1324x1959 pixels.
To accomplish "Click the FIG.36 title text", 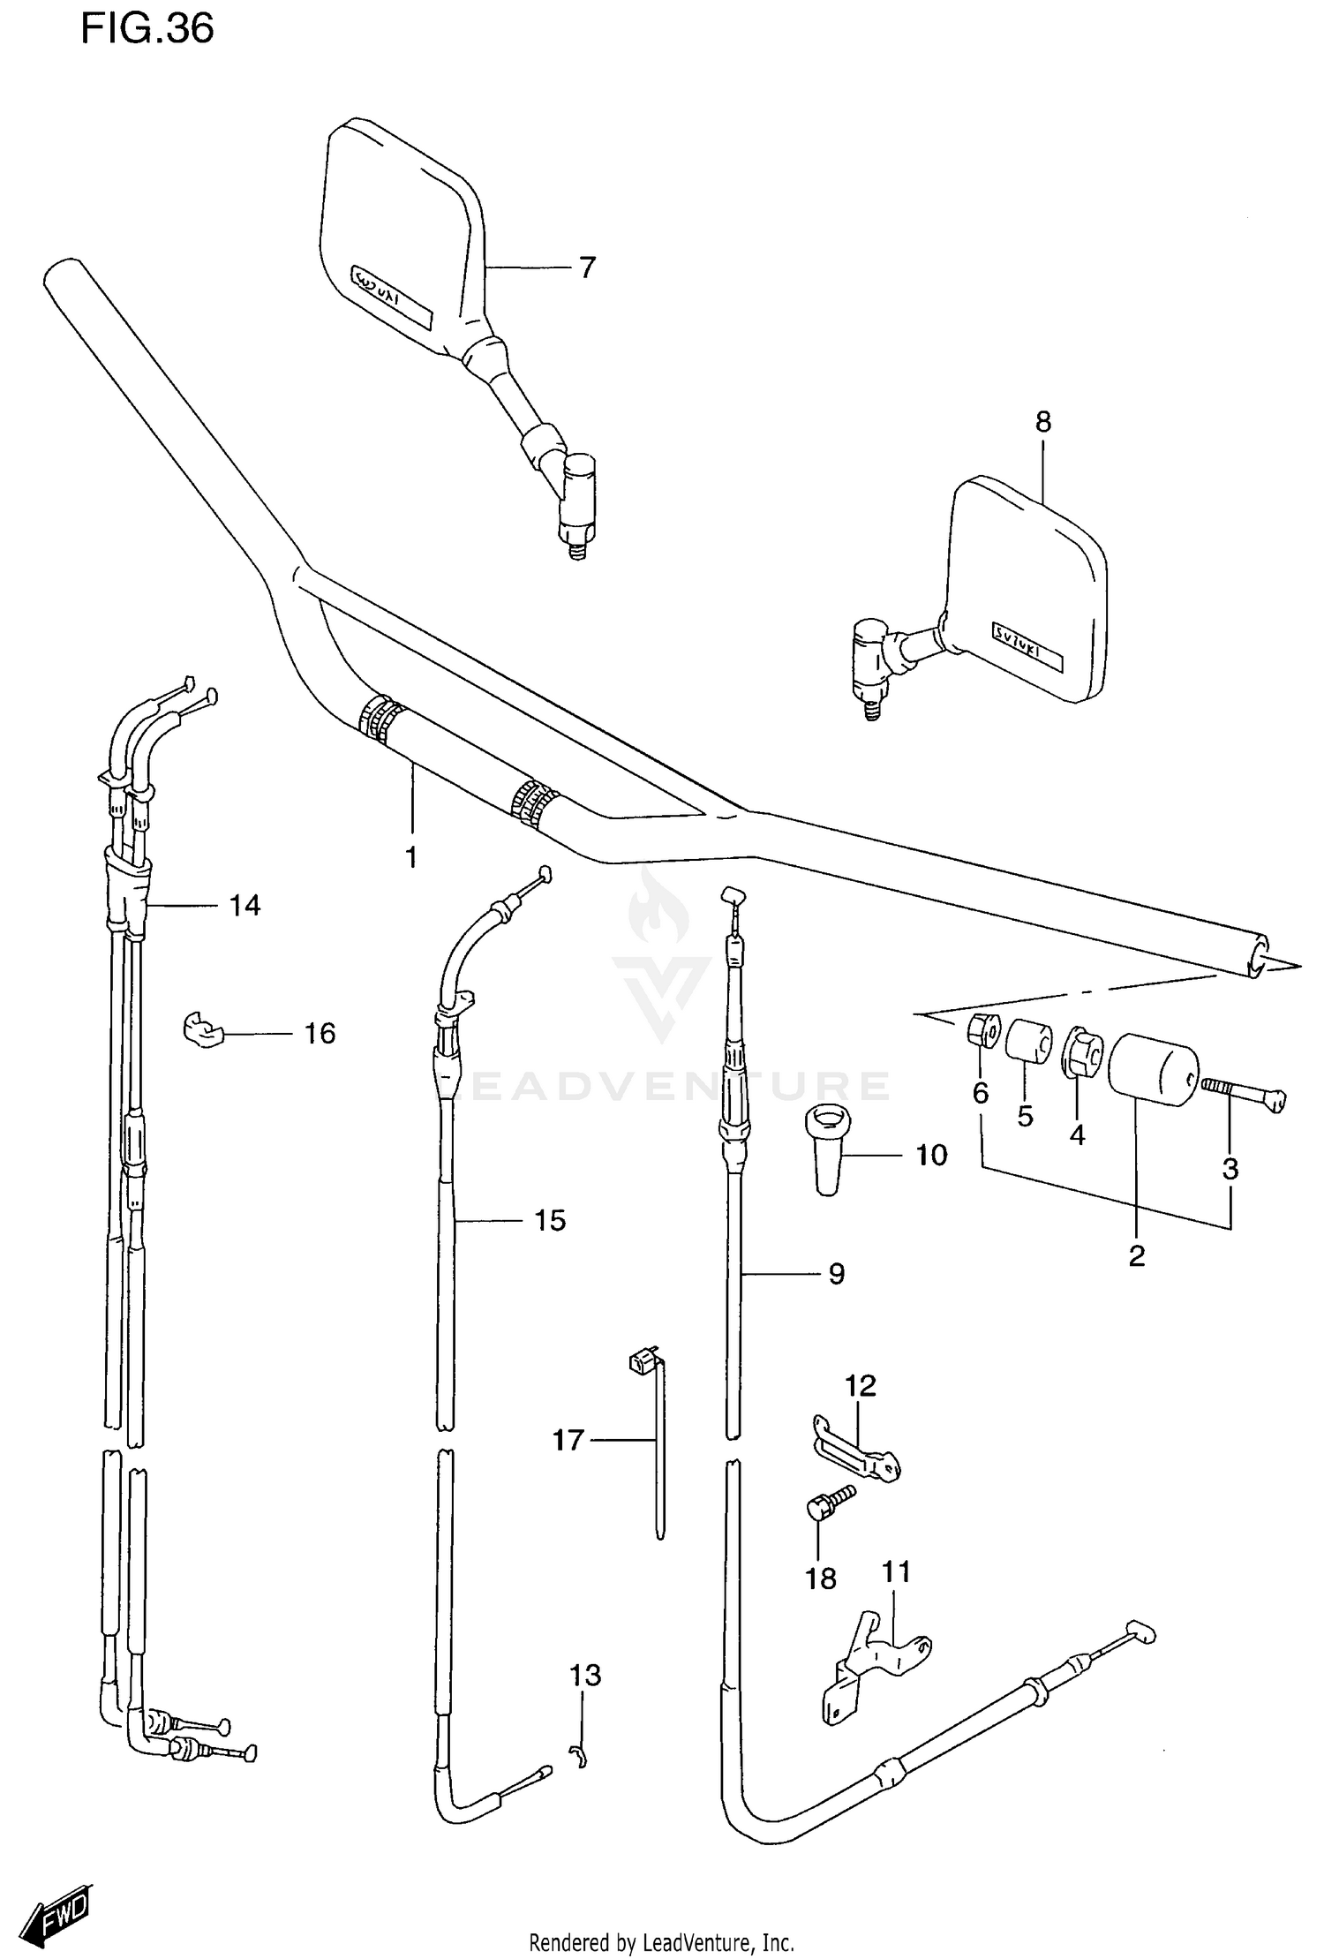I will point(147,29).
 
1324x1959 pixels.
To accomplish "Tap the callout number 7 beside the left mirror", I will point(588,267).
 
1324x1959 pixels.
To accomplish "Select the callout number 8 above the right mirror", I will point(1043,422).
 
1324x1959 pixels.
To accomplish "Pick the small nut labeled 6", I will point(982,1030).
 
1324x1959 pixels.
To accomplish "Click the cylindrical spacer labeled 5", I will point(1028,1041).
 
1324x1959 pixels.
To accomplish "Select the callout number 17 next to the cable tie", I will point(568,1441).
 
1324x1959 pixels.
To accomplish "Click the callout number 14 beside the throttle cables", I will point(245,905).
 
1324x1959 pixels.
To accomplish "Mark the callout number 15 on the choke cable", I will point(550,1220).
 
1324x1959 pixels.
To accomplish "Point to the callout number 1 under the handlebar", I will point(411,856).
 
